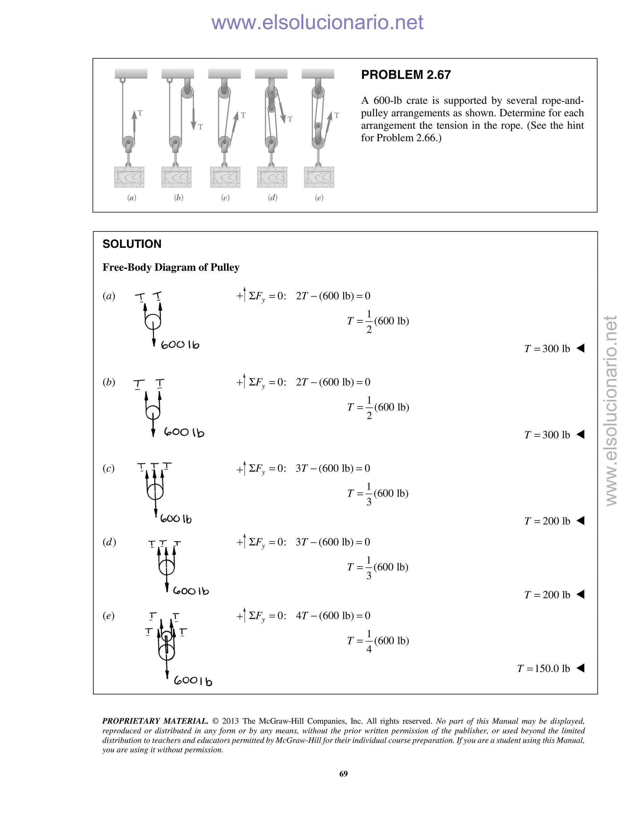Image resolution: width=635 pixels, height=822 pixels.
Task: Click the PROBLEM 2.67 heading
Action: click(x=406, y=75)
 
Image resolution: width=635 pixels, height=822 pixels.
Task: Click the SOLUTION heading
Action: click(x=132, y=244)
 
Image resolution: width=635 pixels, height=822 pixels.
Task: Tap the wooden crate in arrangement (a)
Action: click(x=129, y=177)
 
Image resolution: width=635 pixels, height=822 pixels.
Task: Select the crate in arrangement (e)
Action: click(x=319, y=177)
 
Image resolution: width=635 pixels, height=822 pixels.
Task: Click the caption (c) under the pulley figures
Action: click(x=225, y=198)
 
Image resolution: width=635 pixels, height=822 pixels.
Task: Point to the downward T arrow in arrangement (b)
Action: click(x=194, y=118)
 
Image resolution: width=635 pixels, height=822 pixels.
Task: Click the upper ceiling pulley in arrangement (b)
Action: click(x=187, y=92)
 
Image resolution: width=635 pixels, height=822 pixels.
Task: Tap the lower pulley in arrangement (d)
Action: click(x=271, y=143)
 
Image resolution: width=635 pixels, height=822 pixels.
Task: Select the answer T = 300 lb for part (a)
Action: click(x=547, y=349)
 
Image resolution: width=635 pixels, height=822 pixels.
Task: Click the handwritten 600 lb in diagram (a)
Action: click(x=180, y=345)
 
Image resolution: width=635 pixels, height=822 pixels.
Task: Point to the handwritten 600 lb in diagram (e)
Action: click(x=193, y=681)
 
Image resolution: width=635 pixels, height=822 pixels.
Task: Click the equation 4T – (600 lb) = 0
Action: click(x=333, y=615)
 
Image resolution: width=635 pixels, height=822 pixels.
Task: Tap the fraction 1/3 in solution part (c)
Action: click(x=369, y=494)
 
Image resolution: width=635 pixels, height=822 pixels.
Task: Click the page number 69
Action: click(x=344, y=774)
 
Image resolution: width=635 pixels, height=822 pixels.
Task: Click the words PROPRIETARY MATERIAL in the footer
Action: click(x=155, y=721)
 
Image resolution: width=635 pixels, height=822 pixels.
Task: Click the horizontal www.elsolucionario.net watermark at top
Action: click(x=317, y=22)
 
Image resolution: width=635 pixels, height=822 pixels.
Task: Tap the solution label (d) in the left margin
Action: click(x=109, y=542)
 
